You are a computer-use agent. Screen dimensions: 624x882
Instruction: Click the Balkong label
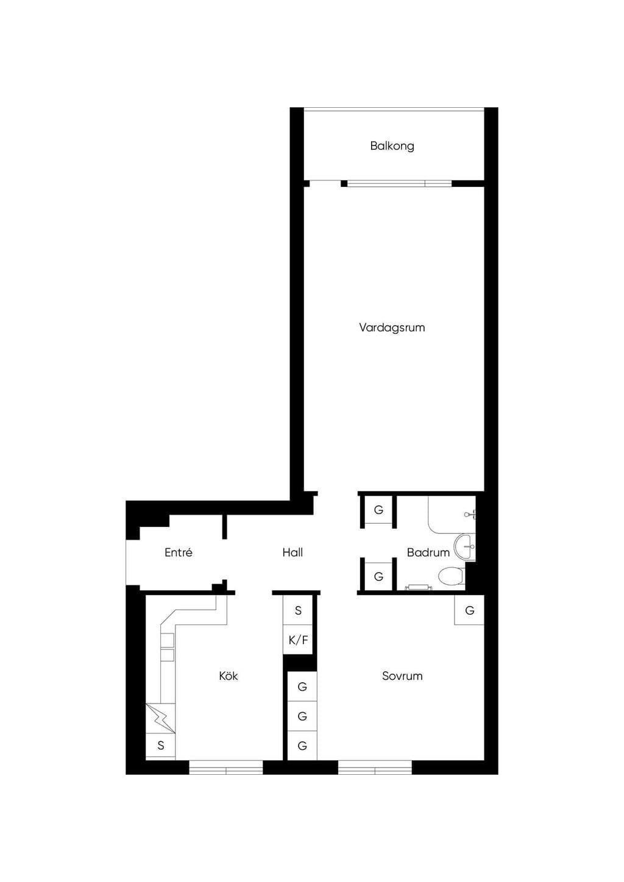pos(392,146)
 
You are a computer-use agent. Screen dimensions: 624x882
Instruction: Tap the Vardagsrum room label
pos(392,328)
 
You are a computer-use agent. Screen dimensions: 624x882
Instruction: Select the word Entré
pos(179,552)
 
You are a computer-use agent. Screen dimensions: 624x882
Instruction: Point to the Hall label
pos(292,552)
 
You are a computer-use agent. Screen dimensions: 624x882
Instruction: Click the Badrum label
pos(428,552)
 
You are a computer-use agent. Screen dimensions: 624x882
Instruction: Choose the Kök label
pos(229,676)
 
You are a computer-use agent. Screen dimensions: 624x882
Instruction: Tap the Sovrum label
pos(402,676)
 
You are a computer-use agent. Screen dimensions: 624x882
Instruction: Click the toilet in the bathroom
pos(452,576)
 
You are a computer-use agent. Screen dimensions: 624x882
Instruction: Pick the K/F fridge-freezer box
pos(298,640)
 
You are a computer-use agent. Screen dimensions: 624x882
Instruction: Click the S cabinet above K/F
pos(298,610)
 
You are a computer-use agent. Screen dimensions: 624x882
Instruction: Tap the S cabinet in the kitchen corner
pos(160,745)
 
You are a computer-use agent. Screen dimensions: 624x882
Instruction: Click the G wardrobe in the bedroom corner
pos(469,610)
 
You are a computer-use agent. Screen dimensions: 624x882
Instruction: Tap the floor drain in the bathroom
pos(419,587)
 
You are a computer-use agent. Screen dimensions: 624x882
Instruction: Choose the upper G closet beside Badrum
pos(378,510)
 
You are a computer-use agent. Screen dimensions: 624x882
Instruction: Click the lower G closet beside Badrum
pos(378,577)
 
